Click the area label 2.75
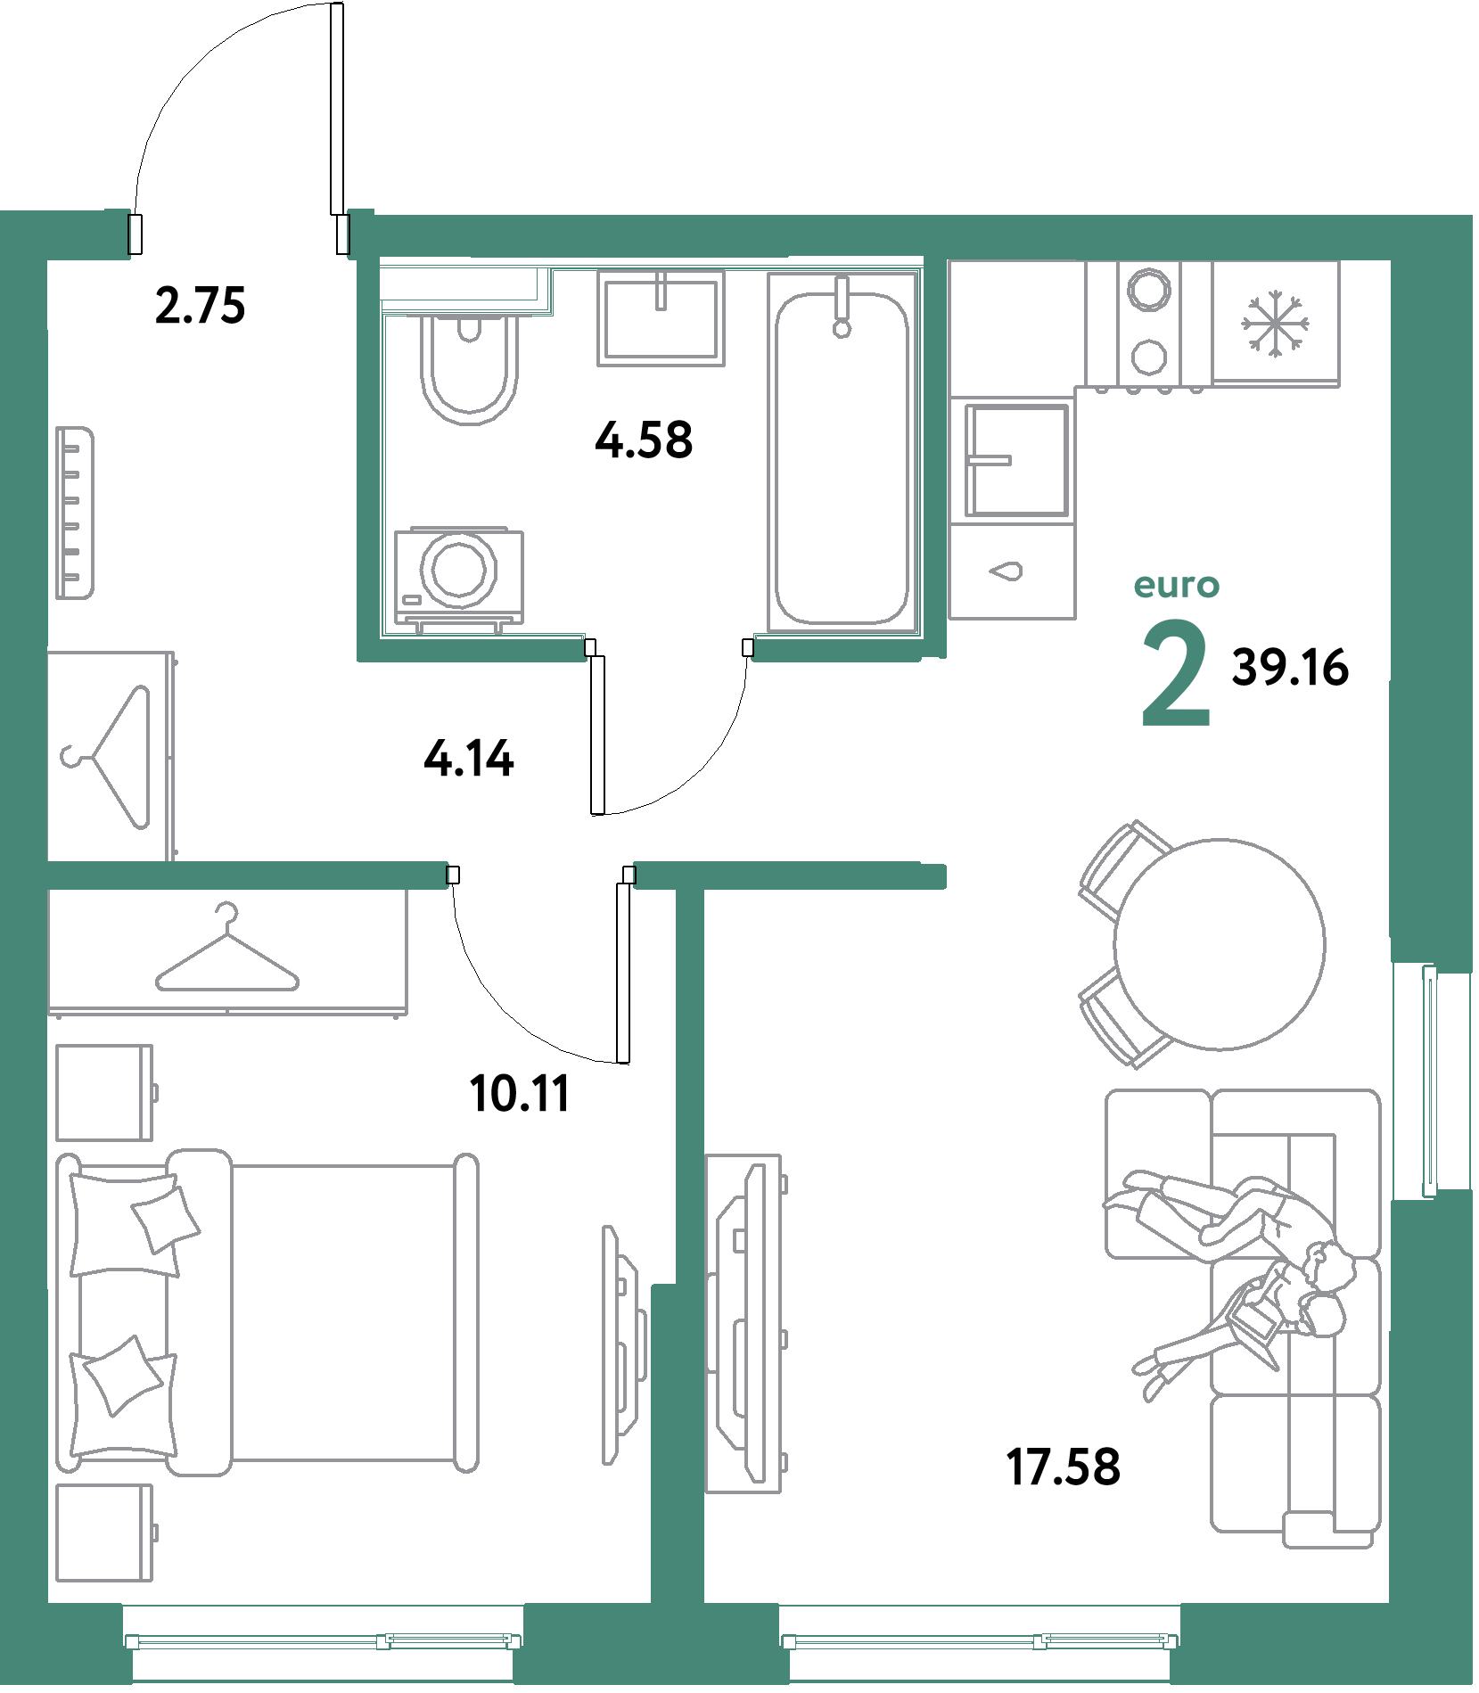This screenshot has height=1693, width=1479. tap(200, 305)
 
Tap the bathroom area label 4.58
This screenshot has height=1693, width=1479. tap(644, 440)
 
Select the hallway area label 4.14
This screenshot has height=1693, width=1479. tap(469, 759)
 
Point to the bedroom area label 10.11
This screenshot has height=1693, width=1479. tap(520, 1094)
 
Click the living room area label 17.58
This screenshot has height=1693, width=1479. tap(1063, 1467)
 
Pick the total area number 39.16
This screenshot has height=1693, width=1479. tap(1290, 668)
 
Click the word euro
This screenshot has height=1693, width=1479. tap(1176, 586)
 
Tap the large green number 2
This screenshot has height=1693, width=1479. tap(1176, 673)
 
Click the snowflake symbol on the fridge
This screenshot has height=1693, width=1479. tap(1275, 323)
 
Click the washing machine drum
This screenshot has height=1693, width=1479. tap(459, 569)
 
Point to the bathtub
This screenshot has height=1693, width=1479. tap(842, 452)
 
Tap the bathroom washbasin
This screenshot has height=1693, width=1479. tap(661, 318)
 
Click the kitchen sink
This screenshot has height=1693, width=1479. tap(1016, 460)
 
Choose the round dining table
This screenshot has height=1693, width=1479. tap(1220, 944)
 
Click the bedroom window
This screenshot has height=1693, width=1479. tap(322, 1641)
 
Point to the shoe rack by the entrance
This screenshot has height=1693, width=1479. tap(75, 513)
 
